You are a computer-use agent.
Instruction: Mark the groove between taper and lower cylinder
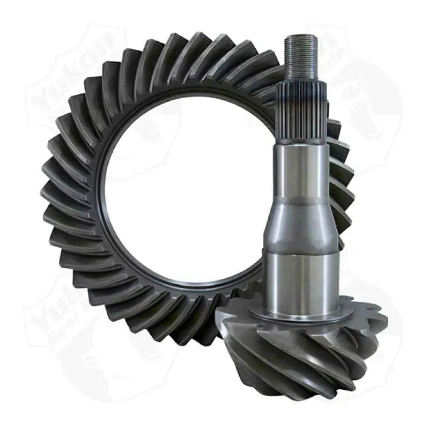(x=301, y=250)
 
